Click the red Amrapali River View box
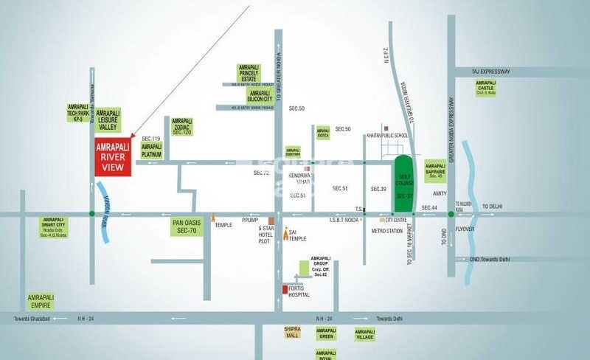(x=113, y=156)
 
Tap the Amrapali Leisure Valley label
(x=108, y=120)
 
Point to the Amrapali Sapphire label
(x=436, y=170)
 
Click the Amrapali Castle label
(x=485, y=88)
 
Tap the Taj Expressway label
(x=491, y=71)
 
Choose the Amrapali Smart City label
(x=55, y=226)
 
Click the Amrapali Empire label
(x=41, y=301)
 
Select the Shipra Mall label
(x=294, y=332)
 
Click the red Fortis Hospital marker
(x=285, y=289)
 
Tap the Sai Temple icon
(x=286, y=235)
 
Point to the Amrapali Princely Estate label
(x=249, y=74)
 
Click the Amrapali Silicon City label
(x=260, y=97)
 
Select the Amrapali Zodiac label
(x=181, y=126)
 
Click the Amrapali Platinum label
(x=152, y=151)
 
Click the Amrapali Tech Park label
(x=78, y=112)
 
